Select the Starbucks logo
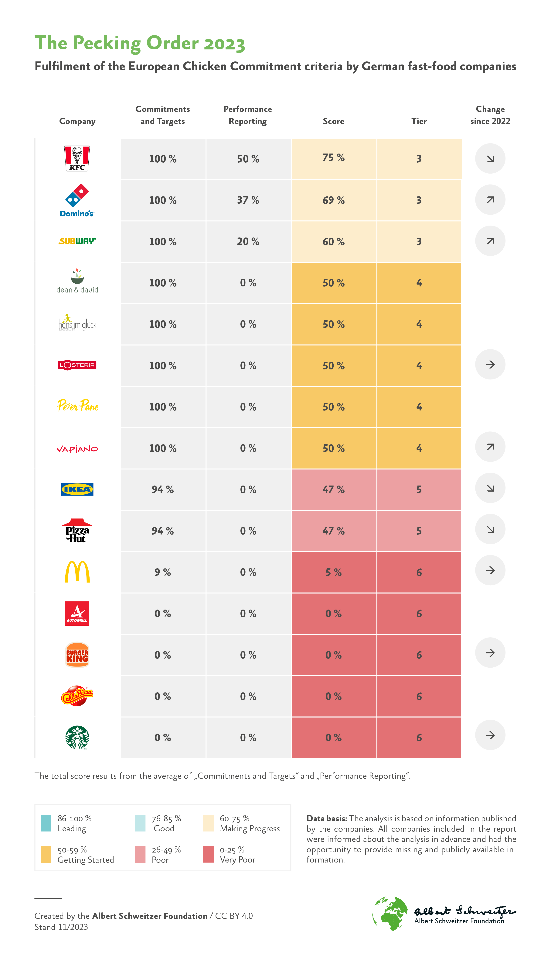77,737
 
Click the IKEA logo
77,489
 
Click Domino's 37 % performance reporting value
248,200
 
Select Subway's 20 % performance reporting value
248,242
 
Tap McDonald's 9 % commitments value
163,572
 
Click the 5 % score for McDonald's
333,572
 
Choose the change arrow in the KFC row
490,158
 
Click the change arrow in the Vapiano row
490,447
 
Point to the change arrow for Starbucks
490,735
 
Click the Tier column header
419,121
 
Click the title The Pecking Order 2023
140,43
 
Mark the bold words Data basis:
326,819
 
